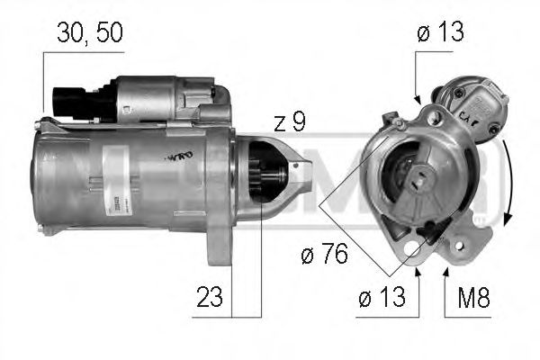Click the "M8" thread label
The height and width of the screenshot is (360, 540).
(470, 298)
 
